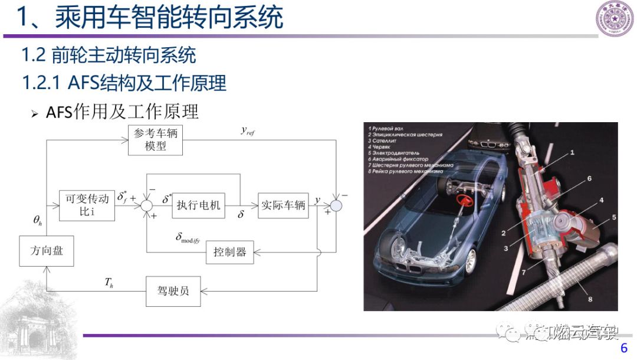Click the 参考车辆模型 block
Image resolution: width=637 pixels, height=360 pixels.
(155, 140)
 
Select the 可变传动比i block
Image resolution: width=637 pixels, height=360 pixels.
(87, 205)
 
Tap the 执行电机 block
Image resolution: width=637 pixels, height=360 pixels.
(199, 205)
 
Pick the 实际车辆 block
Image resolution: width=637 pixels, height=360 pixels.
(283, 205)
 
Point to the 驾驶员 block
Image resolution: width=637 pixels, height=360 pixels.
(172, 290)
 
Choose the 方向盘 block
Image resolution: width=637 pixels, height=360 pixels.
(46, 251)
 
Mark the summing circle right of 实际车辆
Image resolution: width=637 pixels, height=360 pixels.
(336, 205)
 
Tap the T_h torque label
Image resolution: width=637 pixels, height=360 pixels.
(109, 284)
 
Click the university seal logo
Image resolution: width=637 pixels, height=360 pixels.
(614, 18)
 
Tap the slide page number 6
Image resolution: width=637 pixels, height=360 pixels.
(623, 349)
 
